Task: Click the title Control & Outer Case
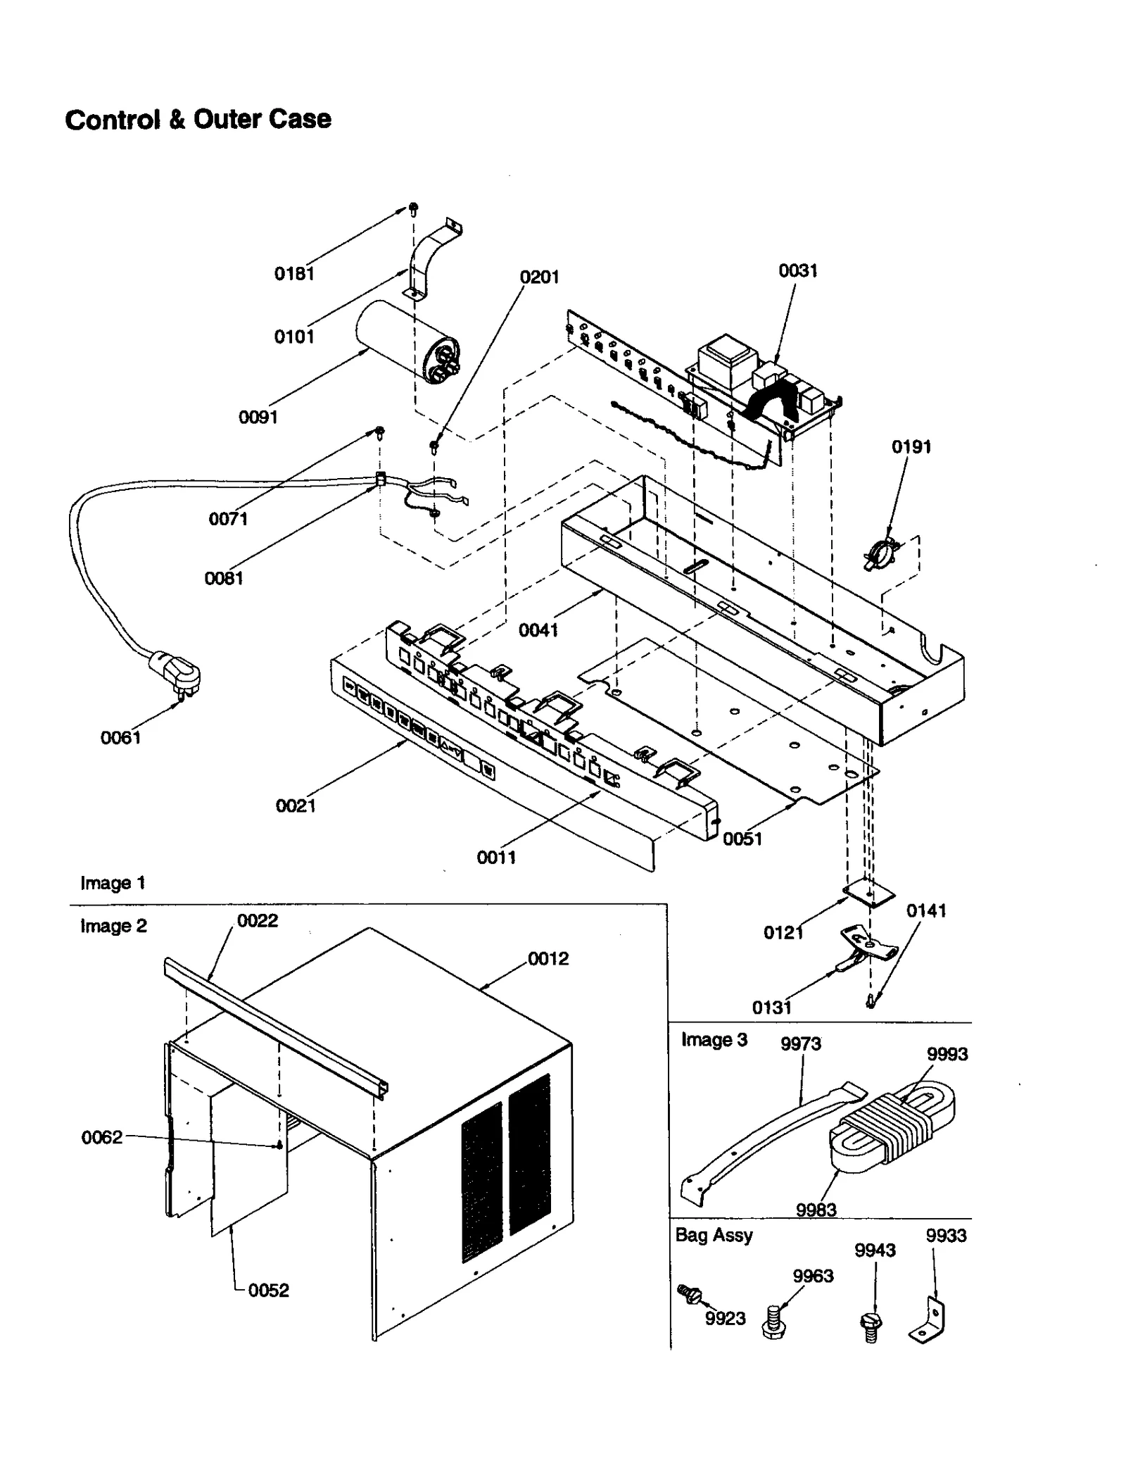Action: pyautogui.click(x=198, y=120)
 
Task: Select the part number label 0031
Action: pyautogui.click(x=797, y=271)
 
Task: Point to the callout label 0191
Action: pyautogui.click(x=911, y=447)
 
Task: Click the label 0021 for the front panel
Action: pyautogui.click(x=296, y=805)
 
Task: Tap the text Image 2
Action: pyautogui.click(x=113, y=926)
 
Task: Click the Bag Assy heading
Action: pyautogui.click(x=714, y=1235)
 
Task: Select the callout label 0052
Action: pyautogui.click(x=268, y=1290)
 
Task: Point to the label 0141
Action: pyautogui.click(x=925, y=910)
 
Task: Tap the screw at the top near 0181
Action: pyautogui.click(x=414, y=208)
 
